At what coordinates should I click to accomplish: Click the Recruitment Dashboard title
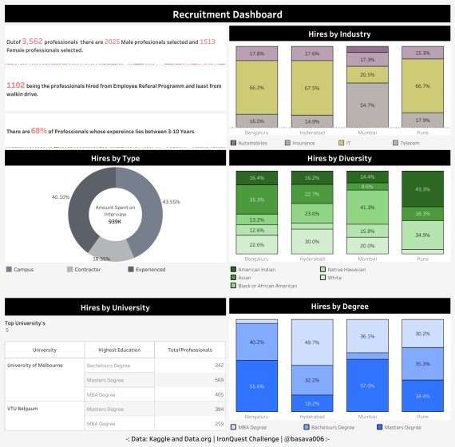(227, 14)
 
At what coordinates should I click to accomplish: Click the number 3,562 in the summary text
(33, 41)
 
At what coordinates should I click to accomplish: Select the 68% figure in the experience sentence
(38, 130)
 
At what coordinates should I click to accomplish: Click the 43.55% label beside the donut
(172, 201)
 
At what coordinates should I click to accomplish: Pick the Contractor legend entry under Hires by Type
(84, 269)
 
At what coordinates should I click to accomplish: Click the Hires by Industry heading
(339, 34)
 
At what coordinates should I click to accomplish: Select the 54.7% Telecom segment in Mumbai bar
(368, 105)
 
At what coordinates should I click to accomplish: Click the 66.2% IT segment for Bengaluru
(257, 88)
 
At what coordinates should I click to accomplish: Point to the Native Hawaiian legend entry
(344, 269)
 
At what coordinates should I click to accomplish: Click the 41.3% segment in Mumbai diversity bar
(368, 208)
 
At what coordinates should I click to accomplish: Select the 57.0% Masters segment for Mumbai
(368, 385)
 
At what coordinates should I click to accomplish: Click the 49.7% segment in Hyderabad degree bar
(312, 342)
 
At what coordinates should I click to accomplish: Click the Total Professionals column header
(190, 350)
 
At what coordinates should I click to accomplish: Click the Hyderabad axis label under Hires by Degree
(312, 417)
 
